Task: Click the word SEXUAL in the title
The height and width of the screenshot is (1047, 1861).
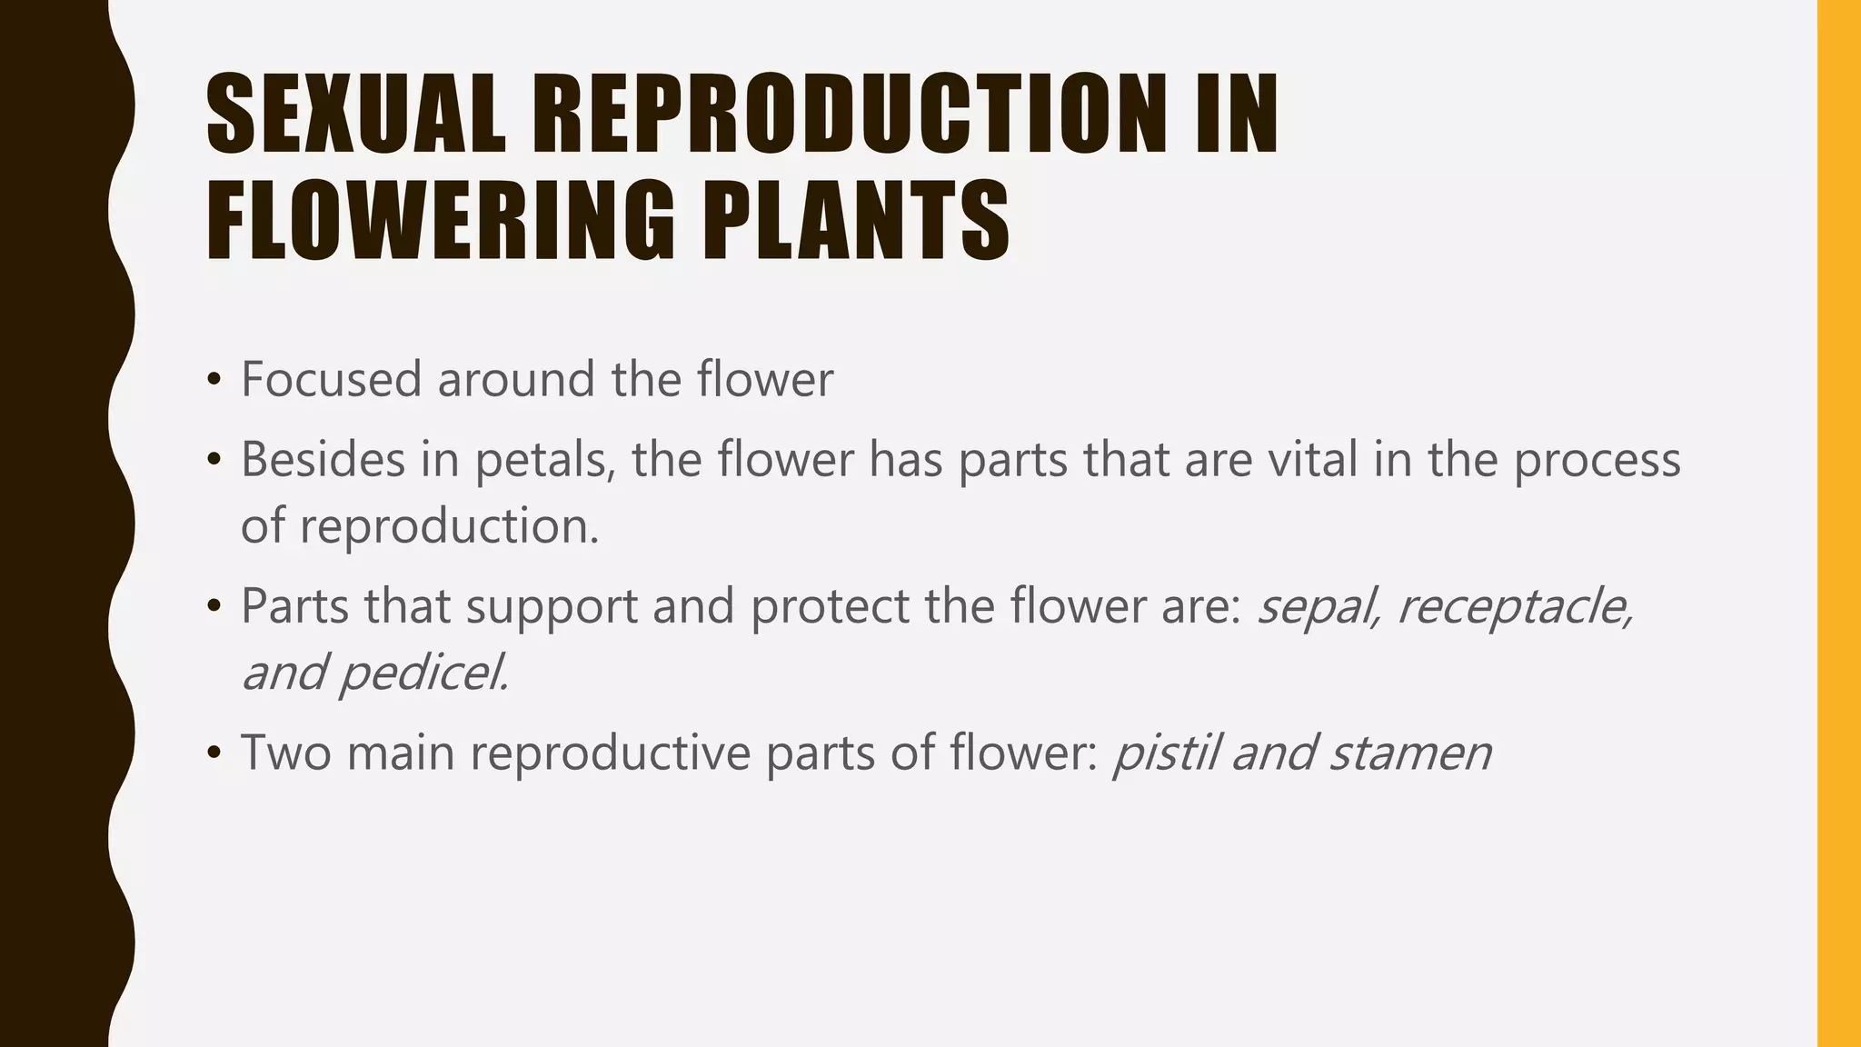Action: (x=355, y=115)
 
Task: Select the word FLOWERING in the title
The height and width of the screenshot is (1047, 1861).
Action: (x=441, y=221)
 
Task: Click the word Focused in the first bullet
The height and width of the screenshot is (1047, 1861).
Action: (x=331, y=379)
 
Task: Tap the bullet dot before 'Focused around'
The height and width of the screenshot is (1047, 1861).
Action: (x=214, y=380)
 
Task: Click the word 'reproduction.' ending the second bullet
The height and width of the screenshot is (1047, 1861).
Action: (x=450, y=526)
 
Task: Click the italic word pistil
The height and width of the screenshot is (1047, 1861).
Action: (x=1165, y=753)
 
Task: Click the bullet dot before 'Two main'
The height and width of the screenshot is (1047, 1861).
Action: (x=214, y=753)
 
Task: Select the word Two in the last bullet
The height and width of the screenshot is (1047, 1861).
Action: (x=285, y=753)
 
